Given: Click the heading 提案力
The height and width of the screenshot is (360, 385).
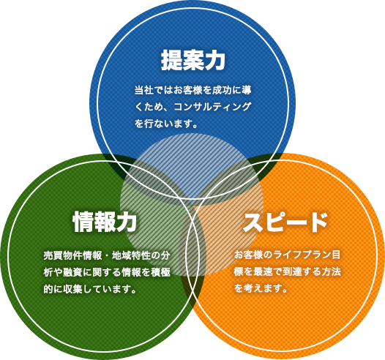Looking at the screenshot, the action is click(x=193, y=61).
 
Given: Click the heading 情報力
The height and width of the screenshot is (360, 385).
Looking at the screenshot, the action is click(x=105, y=222).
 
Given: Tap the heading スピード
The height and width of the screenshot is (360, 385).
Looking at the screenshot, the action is click(x=285, y=222).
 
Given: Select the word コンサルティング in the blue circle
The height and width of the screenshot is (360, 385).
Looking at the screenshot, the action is click(x=213, y=107).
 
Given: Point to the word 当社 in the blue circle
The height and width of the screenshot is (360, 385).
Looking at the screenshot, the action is click(x=144, y=90).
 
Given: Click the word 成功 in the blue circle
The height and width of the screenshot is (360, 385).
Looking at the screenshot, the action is click(x=222, y=90).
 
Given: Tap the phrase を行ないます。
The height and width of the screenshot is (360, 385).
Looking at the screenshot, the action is click(x=166, y=124).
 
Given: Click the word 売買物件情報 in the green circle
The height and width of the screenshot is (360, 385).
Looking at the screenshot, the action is click(x=72, y=255).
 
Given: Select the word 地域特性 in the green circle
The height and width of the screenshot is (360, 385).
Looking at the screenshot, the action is click(x=131, y=255).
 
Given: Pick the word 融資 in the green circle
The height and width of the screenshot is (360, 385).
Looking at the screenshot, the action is click(x=72, y=272).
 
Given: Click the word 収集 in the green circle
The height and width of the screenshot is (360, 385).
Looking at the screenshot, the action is click(x=72, y=289).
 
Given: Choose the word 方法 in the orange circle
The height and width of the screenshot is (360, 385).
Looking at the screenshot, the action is click(x=331, y=271).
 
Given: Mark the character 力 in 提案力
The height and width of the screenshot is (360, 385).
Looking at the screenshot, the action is click(x=215, y=61).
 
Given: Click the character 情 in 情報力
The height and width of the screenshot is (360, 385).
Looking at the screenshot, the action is click(x=83, y=222).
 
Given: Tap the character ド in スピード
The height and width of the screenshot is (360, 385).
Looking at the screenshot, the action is click(x=318, y=222).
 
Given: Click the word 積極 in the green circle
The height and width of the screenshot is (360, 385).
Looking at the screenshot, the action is click(x=160, y=272).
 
